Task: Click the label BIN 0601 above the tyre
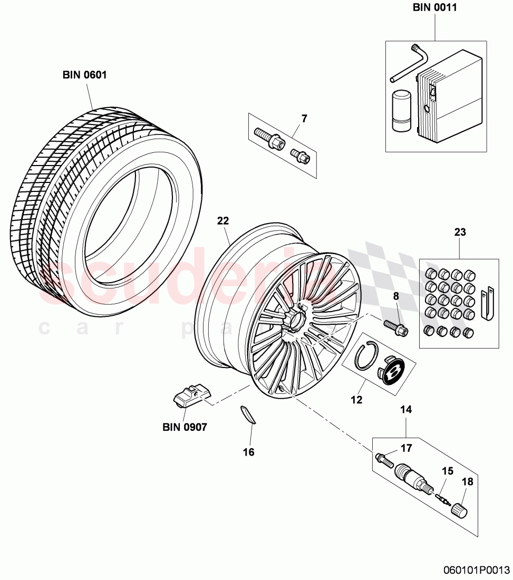(84, 75)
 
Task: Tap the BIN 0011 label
(435, 7)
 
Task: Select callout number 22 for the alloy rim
(222, 221)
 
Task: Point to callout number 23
(460, 231)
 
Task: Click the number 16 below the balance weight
(248, 452)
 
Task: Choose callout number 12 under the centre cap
(356, 400)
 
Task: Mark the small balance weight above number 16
(247, 414)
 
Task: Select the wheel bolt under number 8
(395, 327)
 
